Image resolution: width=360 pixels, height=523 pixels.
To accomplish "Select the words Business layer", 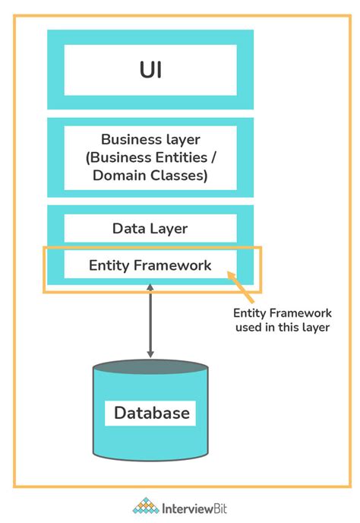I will point(150,140).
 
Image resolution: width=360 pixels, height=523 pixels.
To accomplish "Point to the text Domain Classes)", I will point(150,176).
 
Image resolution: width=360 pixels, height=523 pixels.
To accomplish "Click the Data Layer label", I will point(150,228).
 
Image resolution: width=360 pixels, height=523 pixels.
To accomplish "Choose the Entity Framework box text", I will point(150,265).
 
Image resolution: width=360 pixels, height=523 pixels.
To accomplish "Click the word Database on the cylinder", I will point(151,414).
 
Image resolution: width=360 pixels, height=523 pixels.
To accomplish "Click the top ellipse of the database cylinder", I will point(150,369).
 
